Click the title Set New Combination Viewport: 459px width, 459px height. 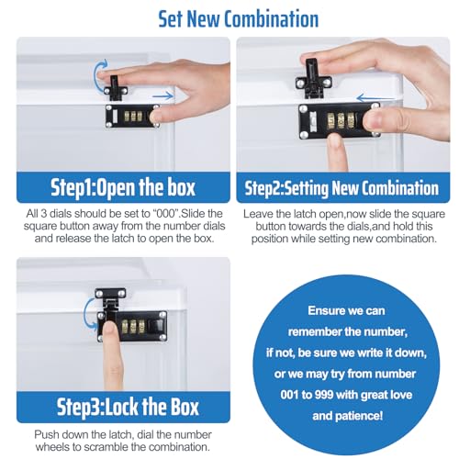pyautogui.click(x=239, y=19)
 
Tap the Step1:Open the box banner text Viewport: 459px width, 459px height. pyautogui.click(x=123, y=187)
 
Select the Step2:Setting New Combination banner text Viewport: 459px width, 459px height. pyautogui.click(x=341, y=188)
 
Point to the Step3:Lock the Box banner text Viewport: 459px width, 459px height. pyautogui.click(x=128, y=407)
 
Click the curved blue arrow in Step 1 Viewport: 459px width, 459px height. pyautogui.click(x=98, y=75)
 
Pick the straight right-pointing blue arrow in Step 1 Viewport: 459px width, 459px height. pyautogui.click(x=162, y=95)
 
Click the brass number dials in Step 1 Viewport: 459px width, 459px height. pyautogui.click(x=133, y=117)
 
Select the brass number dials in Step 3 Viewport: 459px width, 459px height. pyautogui.click(x=133, y=327)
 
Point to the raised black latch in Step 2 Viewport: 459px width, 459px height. pyautogui.click(x=314, y=79)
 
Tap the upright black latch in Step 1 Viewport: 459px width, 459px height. pyautogui.click(x=115, y=88)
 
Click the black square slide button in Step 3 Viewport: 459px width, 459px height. pyautogui.click(x=156, y=326)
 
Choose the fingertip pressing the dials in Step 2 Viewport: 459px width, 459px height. pyautogui.click(x=337, y=143)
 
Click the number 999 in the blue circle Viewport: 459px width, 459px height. pyautogui.click(x=323, y=395)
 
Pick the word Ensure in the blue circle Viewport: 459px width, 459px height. pyautogui.click(x=323, y=310)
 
